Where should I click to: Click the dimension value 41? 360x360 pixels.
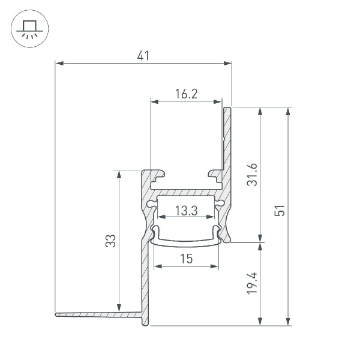(143, 56)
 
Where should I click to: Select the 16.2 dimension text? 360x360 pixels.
(187, 94)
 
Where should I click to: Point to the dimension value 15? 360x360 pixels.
(185, 259)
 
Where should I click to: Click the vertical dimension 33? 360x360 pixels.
(111, 241)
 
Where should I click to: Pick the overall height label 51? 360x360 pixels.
(280, 211)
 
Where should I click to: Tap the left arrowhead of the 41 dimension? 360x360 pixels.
(58, 62)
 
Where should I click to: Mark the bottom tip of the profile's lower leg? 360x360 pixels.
(144, 324)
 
